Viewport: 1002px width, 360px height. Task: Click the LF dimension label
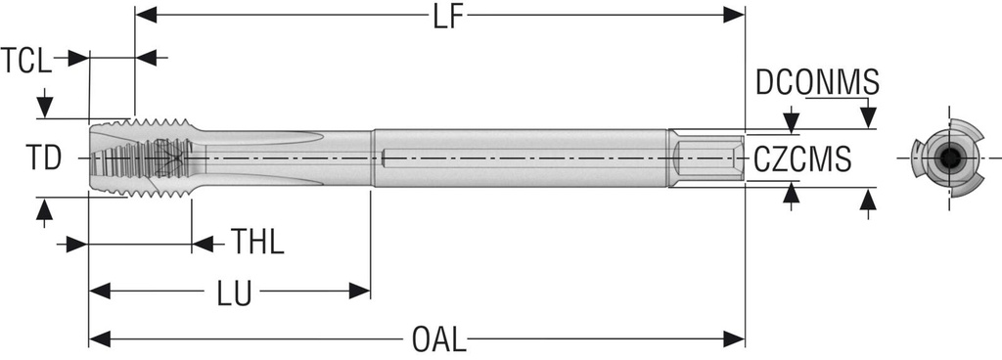pyautogui.click(x=447, y=17)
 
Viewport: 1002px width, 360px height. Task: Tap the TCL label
pyautogui.click(x=25, y=62)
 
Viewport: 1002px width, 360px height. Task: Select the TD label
pyautogui.click(x=43, y=157)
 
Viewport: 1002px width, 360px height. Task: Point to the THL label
pyautogui.click(x=257, y=242)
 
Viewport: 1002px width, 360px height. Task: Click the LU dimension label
pyautogui.click(x=234, y=293)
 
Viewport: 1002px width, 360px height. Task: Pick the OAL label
pyautogui.click(x=439, y=339)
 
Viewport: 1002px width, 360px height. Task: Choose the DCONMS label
pyautogui.click(x=817, y=83)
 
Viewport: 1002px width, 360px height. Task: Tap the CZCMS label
pyautogui.click(x=802, y=158)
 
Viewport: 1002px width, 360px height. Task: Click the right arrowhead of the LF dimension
pyautogui.click(x=734, y=15)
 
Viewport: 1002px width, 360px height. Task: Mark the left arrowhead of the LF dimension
pyautogui.click(x=146, y=15)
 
